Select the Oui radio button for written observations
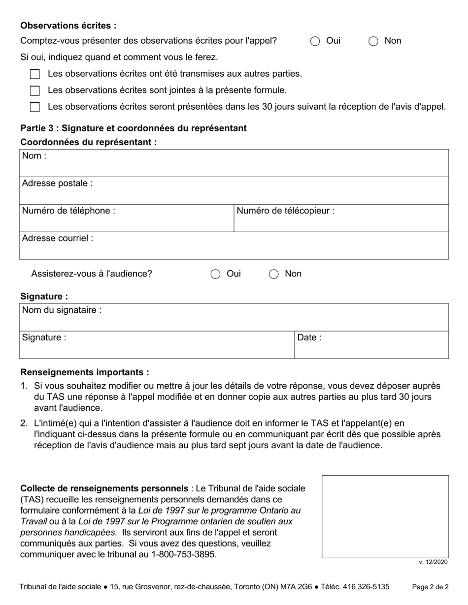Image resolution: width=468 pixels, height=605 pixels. click(x=315, y=41)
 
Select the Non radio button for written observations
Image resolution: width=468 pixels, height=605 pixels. click(x=373, y=41)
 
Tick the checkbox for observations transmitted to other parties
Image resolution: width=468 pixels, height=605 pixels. click(x=35, y=74)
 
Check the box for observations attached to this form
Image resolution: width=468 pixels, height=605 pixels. click(x=35, y=91)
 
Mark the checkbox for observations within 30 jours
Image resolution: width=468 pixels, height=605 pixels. click(x=35, y=107)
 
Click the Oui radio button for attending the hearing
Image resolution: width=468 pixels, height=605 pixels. click(x=215, y=274)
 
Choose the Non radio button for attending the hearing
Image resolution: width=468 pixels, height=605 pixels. click(x=274, y=274)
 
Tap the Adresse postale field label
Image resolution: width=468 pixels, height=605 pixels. click(x=57, y=183)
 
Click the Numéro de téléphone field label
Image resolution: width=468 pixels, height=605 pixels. click(x=69, y=211)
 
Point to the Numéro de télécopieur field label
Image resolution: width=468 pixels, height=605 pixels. click(x=286, y=211)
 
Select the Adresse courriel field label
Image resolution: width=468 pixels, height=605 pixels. click(x=58, y=239)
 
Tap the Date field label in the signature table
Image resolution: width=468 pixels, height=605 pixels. click(x=309, y=338)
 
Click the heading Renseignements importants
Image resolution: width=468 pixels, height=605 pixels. click(x=85, y=373)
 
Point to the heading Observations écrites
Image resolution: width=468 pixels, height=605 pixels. click(x=68, y=26)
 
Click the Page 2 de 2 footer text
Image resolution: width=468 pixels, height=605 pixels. click(x=430, y=587)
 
